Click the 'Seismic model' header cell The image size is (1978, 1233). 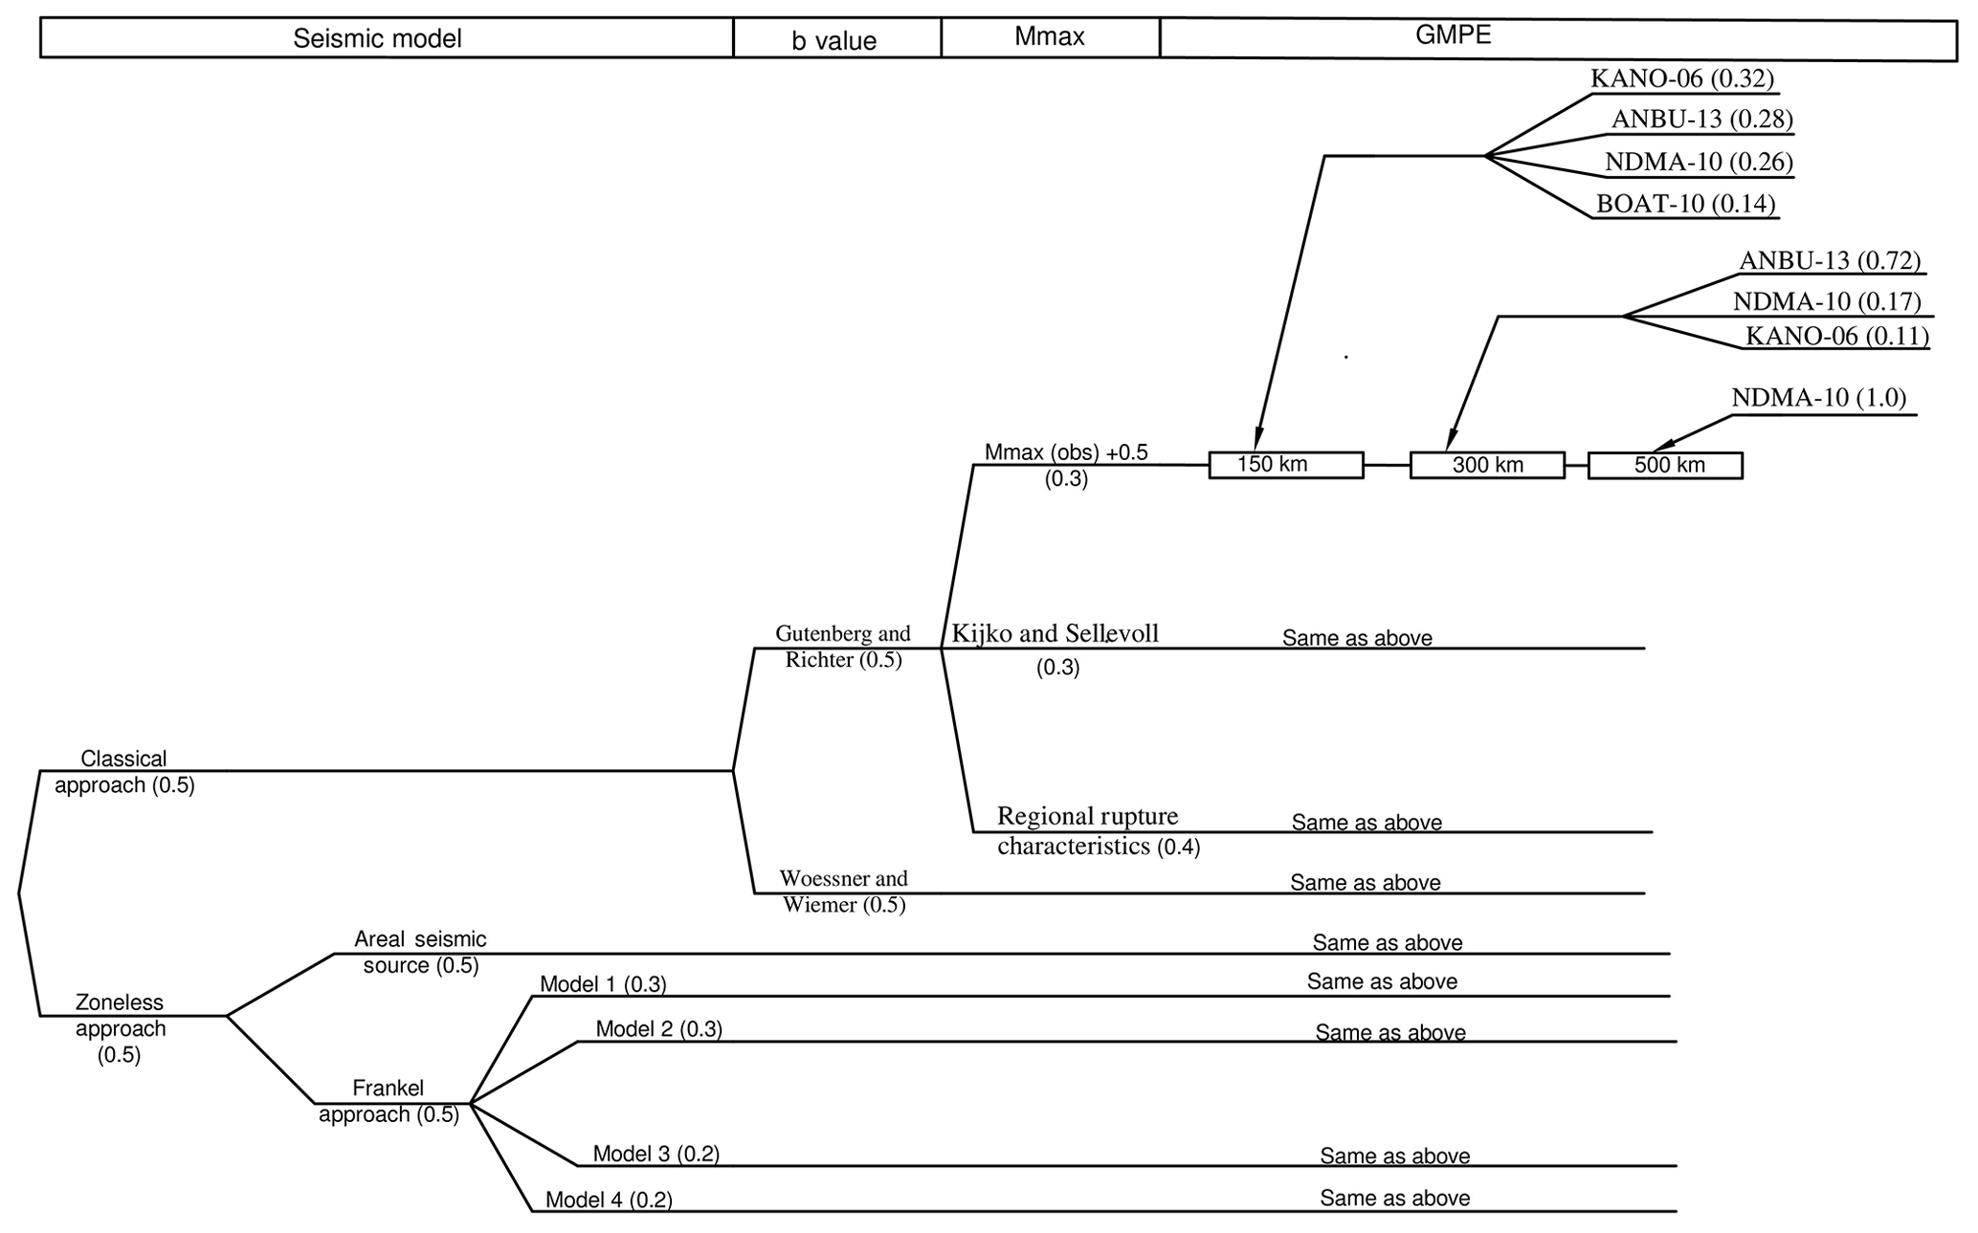(377, 39)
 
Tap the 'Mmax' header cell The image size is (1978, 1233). (1050, 37)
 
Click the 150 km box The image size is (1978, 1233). (1285, 465)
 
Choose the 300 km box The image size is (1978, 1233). (1487, 466)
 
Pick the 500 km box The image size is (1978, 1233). (1665, 466)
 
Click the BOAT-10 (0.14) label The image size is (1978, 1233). (1685, 204)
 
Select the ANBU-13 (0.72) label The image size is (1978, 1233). (1830, 260)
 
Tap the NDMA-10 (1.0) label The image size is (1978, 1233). (1818, 398)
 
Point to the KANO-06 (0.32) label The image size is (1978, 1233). (1682, 78)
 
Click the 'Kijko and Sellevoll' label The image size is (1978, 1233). (1055, 633)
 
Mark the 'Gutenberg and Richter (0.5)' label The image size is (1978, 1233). (843, 647)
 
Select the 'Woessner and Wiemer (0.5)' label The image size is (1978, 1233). (843, 892)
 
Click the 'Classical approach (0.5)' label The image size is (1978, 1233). (124, 772)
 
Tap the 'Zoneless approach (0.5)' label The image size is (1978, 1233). (120, 1028)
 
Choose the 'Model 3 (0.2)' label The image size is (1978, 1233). (656, 1154)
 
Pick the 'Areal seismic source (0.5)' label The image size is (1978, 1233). (420, 952)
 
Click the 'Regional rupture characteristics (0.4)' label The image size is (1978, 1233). (1098, 831)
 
